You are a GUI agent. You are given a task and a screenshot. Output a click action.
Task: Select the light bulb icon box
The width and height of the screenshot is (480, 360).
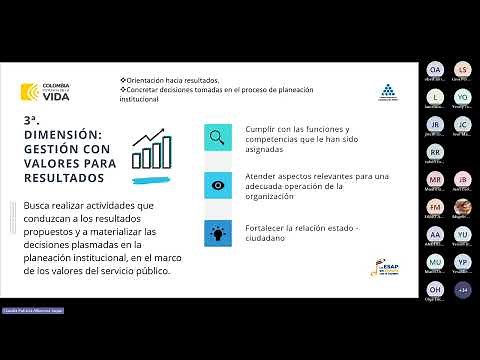tap(214, 233)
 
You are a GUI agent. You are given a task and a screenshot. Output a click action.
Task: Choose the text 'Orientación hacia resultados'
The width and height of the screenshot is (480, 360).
tap(171, 79)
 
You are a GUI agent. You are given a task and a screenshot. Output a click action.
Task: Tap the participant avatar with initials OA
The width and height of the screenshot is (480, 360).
tap(435, 69)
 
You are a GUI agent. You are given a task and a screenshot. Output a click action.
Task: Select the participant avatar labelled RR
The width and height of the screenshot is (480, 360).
tap(435, 152)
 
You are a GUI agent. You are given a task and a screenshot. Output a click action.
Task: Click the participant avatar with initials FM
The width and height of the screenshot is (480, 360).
tap(435, 207)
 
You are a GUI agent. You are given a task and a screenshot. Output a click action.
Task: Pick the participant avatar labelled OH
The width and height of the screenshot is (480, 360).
tap(435, 290)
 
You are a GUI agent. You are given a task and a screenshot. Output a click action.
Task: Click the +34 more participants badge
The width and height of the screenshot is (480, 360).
tap(462, 290)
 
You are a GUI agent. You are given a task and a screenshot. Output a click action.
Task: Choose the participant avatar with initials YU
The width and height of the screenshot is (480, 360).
tap(462, 262)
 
